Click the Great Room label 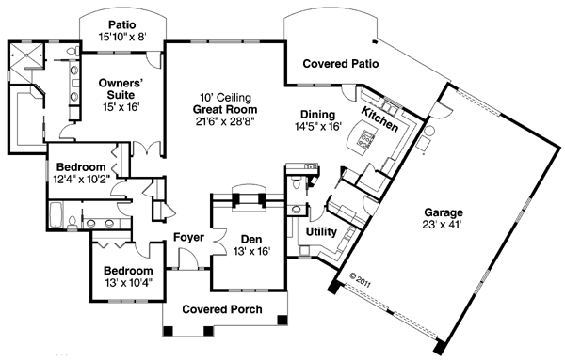(225, 109)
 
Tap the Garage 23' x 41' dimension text (443, 225)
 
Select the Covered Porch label (222, 309)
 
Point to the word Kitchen (379, 119)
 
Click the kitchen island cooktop (365, 139)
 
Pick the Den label (251, 239)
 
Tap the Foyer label (189, 237)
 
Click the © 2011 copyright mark (360, 280)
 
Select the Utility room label (321, 232)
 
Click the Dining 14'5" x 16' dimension (318, 127)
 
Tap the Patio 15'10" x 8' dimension (122, 37)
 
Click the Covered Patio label (341, 64)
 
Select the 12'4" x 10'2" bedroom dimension (81, 179)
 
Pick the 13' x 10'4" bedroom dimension (129, 283)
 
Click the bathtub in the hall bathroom (56, 214)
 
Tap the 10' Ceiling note (226, 98)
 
